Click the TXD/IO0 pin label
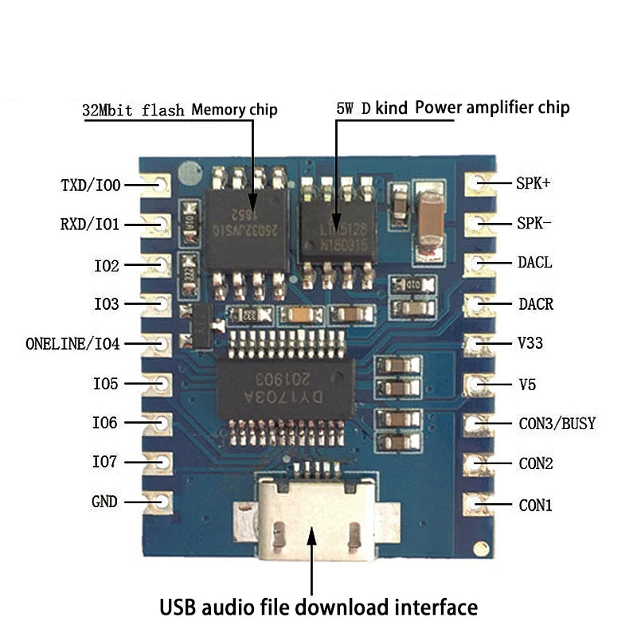pos(90,186)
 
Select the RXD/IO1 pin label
pos(89,225)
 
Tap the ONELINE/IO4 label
pos(72,344)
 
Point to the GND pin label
pos(104,502)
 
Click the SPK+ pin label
pos(533,182)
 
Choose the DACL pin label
pos(534,263)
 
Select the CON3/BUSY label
pos(557,424)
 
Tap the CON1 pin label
pos(535,505)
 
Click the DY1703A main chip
pos(286,388)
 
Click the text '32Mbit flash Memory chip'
pos(179,110)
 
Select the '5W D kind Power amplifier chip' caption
pos(452,107)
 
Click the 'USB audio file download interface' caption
pos(318,608)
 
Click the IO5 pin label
pos(105,384)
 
